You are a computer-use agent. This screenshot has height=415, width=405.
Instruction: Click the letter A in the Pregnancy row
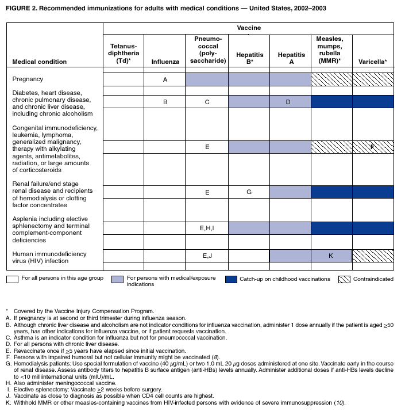click(x=165, y=80)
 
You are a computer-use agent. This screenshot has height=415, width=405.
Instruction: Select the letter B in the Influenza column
click(x=165, y=102)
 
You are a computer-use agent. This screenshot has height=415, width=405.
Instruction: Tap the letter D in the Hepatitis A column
click(x=290, y=102)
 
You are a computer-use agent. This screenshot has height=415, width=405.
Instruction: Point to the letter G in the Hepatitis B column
click(x=249, y=192)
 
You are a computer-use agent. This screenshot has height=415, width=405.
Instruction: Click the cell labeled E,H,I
click(x=207, y=229)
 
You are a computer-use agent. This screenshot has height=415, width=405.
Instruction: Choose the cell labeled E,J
click(x=207, y=255)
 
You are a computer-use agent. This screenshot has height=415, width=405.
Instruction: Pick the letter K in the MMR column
click(x=331, y=255)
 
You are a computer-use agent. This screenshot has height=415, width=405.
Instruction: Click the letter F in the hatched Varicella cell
click(x=372, y=147)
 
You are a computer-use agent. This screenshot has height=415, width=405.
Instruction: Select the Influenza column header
click(x=165, y=61)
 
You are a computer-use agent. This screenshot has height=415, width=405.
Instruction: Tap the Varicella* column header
click(x=372, y=61)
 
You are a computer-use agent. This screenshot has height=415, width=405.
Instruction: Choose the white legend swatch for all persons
click(x=13, y=279)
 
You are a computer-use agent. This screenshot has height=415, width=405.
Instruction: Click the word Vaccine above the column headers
click(x=248, y=27)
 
